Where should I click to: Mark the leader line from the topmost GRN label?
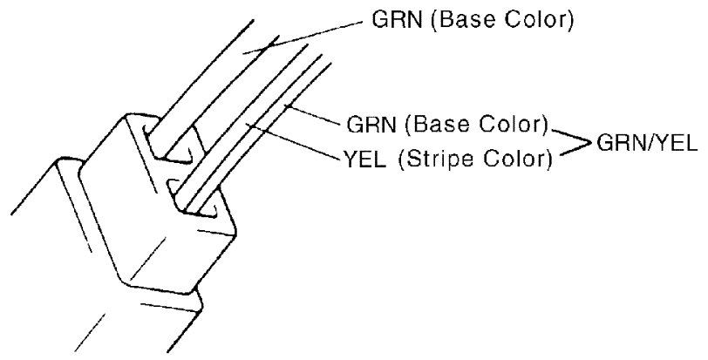click(305, 37)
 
